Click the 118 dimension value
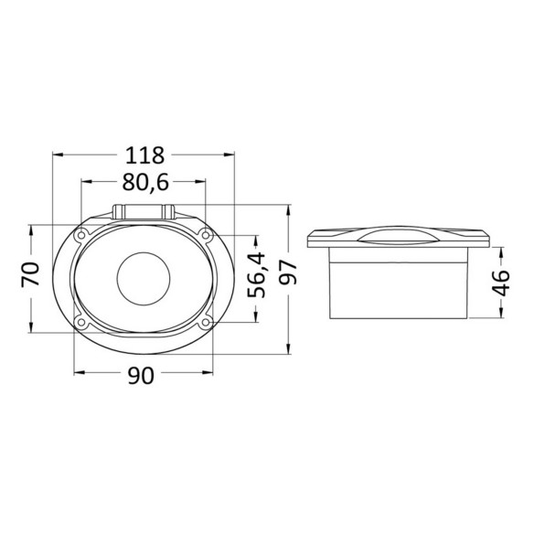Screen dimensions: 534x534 (x=145, y=155)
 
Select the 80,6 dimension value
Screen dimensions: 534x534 (x=145, y=182)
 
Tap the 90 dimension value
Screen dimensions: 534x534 (x=141, y=376)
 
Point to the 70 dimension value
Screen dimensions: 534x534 (x=31, y=273)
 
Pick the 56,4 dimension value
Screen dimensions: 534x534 (x=256, y=274)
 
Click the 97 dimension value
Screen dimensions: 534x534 (x=288, y=272)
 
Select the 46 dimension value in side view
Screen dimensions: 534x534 (x=501, y=283)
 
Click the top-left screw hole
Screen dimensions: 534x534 (x=81, y=235)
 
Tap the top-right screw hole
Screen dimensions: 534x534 (x=206, y=235)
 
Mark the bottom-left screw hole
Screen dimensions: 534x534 (x=81, y=322)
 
